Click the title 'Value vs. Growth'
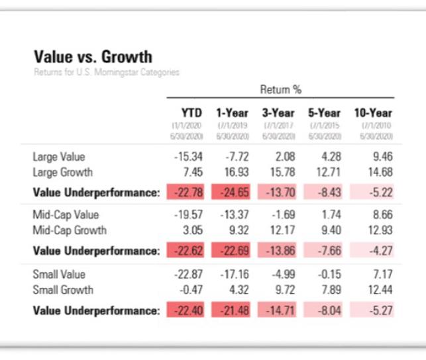click(x=92, y=57)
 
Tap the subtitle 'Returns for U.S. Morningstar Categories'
click(x=106, y=72)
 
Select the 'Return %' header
click(x=280, y=89)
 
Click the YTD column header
click(x=191, y=113)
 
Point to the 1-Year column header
click(x=232, y=113)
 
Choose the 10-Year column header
click(x=372, y=113)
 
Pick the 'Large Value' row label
click(x=59, y=157)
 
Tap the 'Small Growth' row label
click(x=63, y=290)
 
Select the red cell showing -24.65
click(x=231, y=193)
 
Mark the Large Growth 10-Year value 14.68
click(x=378, y=173)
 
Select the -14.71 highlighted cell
click(x=278, y=310)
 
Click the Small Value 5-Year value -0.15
click(x=327, y=275)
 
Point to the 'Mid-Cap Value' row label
click(x=64, y=216)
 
